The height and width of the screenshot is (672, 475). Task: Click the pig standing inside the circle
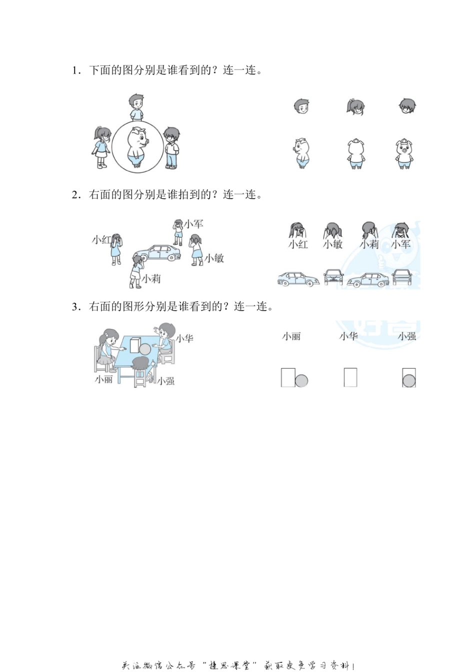point(136,146)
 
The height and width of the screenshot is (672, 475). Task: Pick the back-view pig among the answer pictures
point(355,153)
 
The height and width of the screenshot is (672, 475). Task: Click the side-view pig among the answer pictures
point(301,153)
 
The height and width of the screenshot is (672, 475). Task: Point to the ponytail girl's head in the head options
point(355,107)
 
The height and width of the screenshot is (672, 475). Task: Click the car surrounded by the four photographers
point(155,253)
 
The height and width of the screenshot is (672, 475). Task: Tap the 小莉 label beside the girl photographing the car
point(151,279)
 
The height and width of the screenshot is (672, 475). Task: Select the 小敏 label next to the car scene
point(214,258)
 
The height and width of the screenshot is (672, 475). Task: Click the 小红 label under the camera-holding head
point(298,244)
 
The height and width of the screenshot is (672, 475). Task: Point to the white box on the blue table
point(134,345)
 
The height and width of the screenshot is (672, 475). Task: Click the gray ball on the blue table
point(144,349)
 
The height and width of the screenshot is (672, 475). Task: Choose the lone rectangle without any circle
point(350,377)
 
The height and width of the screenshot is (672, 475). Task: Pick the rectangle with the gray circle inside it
point(409,378)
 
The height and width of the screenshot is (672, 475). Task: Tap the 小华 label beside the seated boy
point(184,338)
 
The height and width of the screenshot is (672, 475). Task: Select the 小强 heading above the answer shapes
point(407,336)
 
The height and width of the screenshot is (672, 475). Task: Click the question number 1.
point(75,70)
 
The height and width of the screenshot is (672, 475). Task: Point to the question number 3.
point(75,307)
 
